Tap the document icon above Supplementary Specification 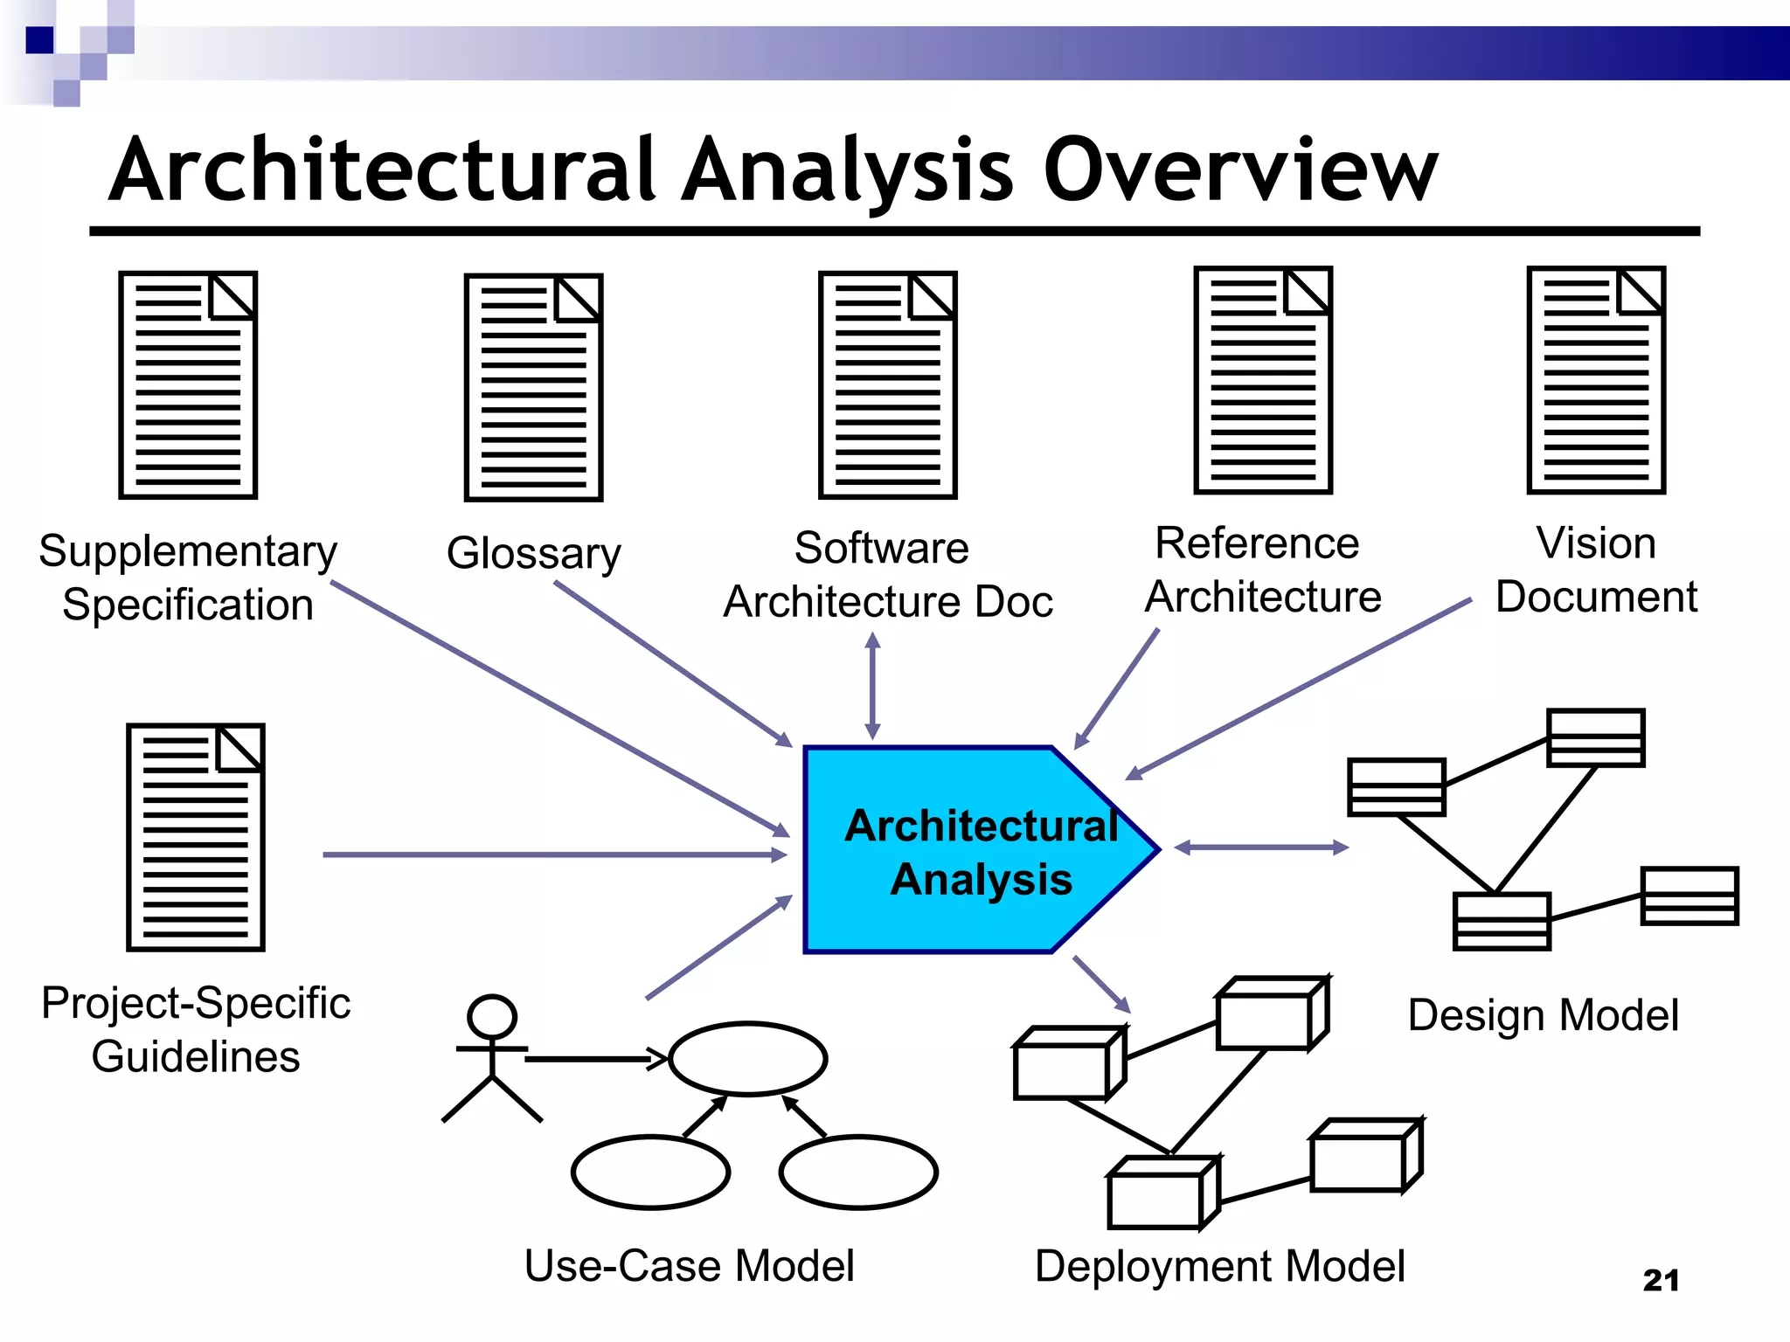188,384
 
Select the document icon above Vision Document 1596,380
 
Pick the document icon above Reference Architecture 1263,380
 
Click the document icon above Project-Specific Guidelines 196,837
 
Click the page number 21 1661,1280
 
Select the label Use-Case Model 689,1266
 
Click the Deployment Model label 1219,1266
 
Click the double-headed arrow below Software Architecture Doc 872,687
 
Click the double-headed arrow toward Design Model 1261,847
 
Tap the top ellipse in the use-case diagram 747,1058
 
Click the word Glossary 533,553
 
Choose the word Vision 1596,543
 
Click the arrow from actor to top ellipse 594,1059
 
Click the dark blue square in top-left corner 39,40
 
